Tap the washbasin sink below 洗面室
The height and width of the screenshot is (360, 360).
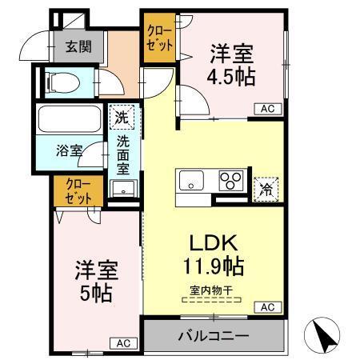pos(122,190)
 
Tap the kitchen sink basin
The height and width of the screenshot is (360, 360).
pos(194,180)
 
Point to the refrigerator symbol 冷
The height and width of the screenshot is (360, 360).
pos(265,190)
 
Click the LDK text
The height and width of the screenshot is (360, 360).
pos(212,242)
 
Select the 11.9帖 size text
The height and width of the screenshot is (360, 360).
pos(212,265)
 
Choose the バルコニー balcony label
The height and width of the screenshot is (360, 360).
pos(212,335)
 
